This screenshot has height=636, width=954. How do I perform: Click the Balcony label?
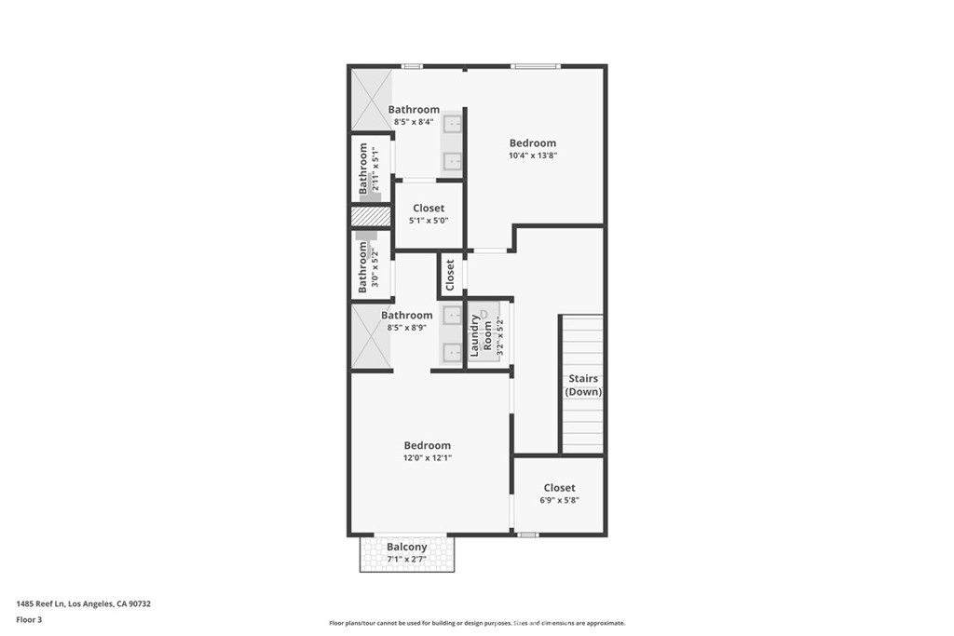[x=407, y=547]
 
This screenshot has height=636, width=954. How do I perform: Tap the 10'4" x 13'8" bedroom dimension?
[x=533, y=156]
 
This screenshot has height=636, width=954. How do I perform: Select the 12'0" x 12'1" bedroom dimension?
[x=427, y=458]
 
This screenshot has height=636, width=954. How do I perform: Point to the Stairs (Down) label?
[x=583, y=385]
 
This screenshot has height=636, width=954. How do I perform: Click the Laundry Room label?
[x=481, y=335]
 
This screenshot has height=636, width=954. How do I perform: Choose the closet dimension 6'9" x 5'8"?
[x=559, y=500]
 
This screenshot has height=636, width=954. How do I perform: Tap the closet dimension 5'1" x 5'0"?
[x=429, y=221]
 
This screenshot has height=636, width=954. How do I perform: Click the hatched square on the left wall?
[x=371, y=216]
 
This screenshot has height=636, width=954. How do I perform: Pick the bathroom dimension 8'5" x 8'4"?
[x=414, y=122]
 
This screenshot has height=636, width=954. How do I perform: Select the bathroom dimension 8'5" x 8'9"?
[x=406, y=327]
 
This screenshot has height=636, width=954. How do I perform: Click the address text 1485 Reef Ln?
[x=40, y=603]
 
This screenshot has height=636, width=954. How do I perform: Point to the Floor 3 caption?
[x=29, y=620]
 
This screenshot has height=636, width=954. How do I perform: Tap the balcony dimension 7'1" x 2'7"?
[x=407, y=559]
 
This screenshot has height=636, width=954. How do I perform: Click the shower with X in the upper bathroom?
[x=371, y=100]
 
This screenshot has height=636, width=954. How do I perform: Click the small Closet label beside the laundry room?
[x=450, y=276]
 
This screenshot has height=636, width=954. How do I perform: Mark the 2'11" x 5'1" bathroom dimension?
[x=375, y=169]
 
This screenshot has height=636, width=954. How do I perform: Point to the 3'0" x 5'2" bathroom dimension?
[x=375, y=269]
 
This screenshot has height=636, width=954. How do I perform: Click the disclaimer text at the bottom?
[x=477, y=623]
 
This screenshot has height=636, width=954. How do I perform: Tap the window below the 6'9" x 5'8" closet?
[x=527, y=535]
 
